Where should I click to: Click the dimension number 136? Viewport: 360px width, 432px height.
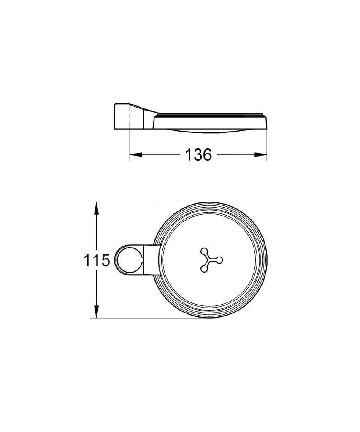pos(198,155)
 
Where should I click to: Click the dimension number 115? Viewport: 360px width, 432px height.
pos(96,260)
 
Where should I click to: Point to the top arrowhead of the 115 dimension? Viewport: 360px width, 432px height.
pos(97,208)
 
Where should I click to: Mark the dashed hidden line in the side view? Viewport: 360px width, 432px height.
pos(129,116)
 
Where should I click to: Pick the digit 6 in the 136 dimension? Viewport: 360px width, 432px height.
pos(206,155)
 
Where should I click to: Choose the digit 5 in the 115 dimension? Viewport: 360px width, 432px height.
pos(105,260)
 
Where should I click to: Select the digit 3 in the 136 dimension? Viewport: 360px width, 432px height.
pos(198,155)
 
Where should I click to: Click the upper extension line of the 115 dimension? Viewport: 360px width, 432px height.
pos(148,202)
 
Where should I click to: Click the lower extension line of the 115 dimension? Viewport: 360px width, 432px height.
pos(148,318)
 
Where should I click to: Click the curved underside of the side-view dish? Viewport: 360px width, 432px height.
pos(211,130)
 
